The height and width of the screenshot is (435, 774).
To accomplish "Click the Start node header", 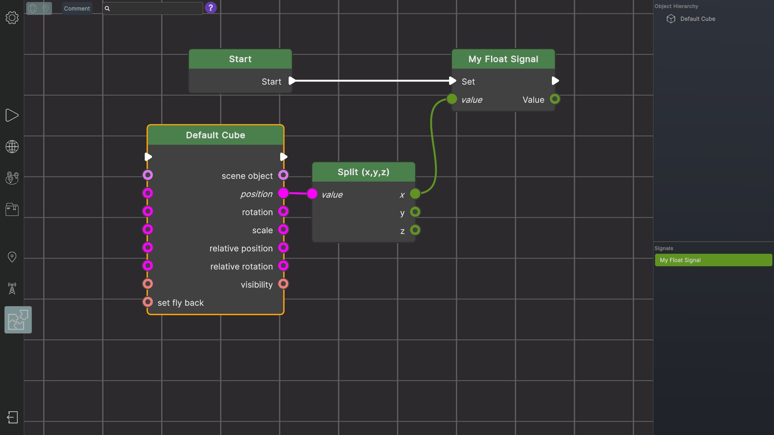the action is pyautogui.click(x=240, y=59).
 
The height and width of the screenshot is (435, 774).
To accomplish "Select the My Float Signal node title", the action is pyautogui.click(x=503, y=59).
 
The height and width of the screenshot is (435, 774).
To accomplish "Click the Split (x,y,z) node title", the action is pyautogui.click(x=363, y=172).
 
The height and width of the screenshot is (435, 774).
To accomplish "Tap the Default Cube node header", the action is pyautogui.click(x=216, y=135).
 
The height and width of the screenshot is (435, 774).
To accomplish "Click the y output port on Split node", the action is pyautogui.click(x=415, y=212).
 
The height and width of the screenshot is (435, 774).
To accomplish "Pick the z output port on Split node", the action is pyautogui.click(x=415, y=230).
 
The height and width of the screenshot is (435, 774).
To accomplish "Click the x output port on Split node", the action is pyautogui.click(x=415, y=194).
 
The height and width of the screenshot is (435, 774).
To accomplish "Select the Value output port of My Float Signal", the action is pyautogui.click(x=555, y=99).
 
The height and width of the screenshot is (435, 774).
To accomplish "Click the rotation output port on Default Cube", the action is pyautogui.click(x=283, y=211).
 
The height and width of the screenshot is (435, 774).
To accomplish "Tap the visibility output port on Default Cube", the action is pyautogui.click(x=283, y=284).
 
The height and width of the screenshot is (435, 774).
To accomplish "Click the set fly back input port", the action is pyautogui.click(x=148, y=302).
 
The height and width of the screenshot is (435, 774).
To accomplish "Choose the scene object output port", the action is pyautogui.click(x=283, y=175).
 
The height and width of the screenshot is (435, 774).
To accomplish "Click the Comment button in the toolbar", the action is pyautogui.click(x=77, y=8).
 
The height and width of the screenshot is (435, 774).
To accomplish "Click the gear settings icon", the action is pyautogui.click(x=12, y=18).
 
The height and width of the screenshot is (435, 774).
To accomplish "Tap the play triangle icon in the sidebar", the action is pyautogui.click(x=12, y=116).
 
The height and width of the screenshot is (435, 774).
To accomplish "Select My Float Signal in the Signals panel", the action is pyautogui.click(x=714, y=260).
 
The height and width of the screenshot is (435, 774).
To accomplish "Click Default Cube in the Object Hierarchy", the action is pyautogui.click(x=697, y=19).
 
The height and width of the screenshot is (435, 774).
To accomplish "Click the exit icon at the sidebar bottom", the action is pyautogui.click(x=12, y=417).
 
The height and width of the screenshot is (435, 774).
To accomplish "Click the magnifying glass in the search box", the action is pyautogui.click(x=107, y=8).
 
